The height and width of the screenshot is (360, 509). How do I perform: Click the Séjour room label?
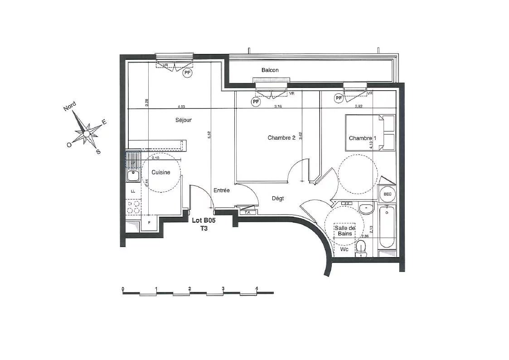tap(184, 120)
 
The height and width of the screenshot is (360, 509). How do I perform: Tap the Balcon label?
tap(270, 70)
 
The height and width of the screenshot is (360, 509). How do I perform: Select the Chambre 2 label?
tap(281, 138)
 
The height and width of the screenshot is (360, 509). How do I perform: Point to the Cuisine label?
tap(161, 172)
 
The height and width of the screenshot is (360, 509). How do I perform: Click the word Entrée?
tap(222, 190)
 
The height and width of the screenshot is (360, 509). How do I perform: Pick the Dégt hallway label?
tap(278, 199)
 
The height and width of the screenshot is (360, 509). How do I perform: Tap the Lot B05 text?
tap(204, 221)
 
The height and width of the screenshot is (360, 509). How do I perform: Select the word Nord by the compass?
tap(70, 107)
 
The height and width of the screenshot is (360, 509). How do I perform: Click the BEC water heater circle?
tap(388, 194)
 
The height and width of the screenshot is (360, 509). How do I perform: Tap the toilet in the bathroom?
tap(361, 248)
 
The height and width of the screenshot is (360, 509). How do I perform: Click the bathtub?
tap(387, 227)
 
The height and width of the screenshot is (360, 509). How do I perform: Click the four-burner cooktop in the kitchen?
tap(133, 207)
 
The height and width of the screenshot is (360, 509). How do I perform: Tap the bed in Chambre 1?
tap(369, 132)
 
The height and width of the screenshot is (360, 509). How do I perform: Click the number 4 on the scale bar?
tap(257, 289)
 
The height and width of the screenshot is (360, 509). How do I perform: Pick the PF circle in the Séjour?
tap(187, 72)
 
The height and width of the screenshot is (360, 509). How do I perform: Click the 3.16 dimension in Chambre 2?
tap(278, 107)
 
